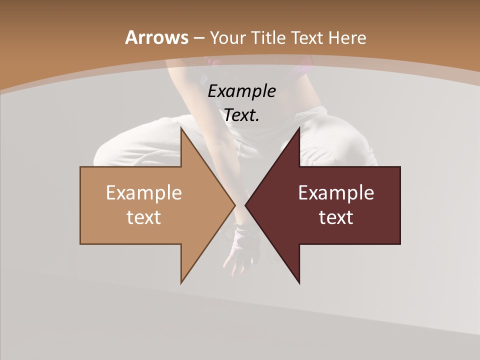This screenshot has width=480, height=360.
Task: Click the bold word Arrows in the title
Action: pyautogui.click(x=156, y=37)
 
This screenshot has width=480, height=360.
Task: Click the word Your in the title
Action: pyautogui.click(x=228, y=37)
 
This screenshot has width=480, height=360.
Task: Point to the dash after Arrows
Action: pyautogui.click(x=198, y=38)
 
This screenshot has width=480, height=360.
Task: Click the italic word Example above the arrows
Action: pyautogui.click(x=241, y=91)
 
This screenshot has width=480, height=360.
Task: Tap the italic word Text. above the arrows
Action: pyautogui.click(x=241, y=115)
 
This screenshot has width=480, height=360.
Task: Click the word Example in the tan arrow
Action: pyautogui.click(x=143, y=192)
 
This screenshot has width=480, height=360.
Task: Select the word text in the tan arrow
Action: pyautogui.click(x=143, y=217)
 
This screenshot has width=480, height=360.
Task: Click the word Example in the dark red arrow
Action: pyautogui.click(x=336, y=192)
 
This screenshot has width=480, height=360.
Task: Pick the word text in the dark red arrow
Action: pyautogui.click(x=336, y=217)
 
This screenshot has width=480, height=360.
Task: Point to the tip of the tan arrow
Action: pyautogui.click(x=235, y=205)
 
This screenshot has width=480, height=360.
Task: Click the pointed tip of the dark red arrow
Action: pyautogui.click(x=245, y=205)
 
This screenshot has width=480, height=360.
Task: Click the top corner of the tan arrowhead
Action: pyautogui.click(x=181, y=128)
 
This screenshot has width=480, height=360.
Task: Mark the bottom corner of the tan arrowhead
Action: pyautogui.click(x=181, y=283)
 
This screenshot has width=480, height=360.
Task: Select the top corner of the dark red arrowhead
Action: pyautogui.click(x=299, y=128)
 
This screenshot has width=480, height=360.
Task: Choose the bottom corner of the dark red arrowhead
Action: pyautogui.click(x=299, y=283)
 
